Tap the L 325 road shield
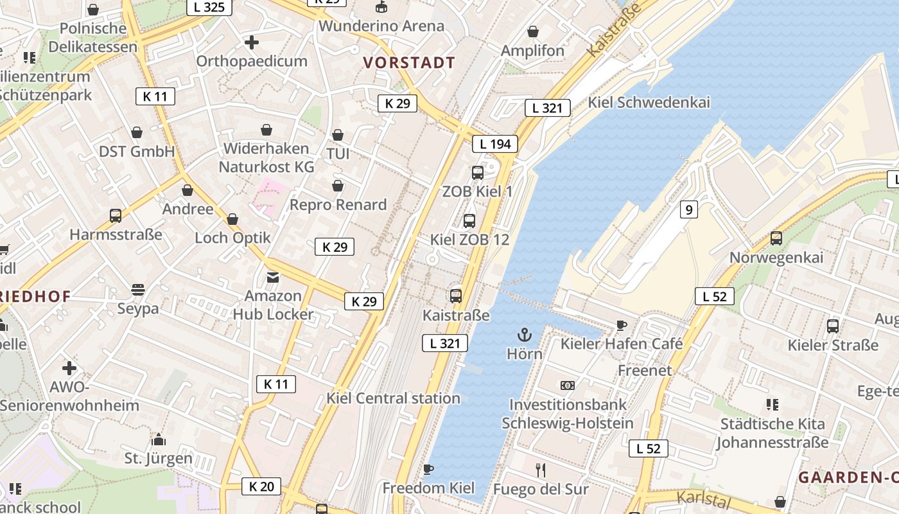209,7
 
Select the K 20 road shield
261,486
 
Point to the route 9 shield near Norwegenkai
688,209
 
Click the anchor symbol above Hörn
525,335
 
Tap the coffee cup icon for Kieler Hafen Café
621,325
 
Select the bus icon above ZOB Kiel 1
477,172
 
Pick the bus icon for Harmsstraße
116,216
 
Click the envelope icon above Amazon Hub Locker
273,278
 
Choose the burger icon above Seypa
138,290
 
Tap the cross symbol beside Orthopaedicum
252,42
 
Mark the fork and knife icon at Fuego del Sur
541,470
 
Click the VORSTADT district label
409,63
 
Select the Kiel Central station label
393,398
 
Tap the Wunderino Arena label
381,26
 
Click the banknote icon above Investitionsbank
567,385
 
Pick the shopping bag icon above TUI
338,136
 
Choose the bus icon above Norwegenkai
776,238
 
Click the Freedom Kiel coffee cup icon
428,469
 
